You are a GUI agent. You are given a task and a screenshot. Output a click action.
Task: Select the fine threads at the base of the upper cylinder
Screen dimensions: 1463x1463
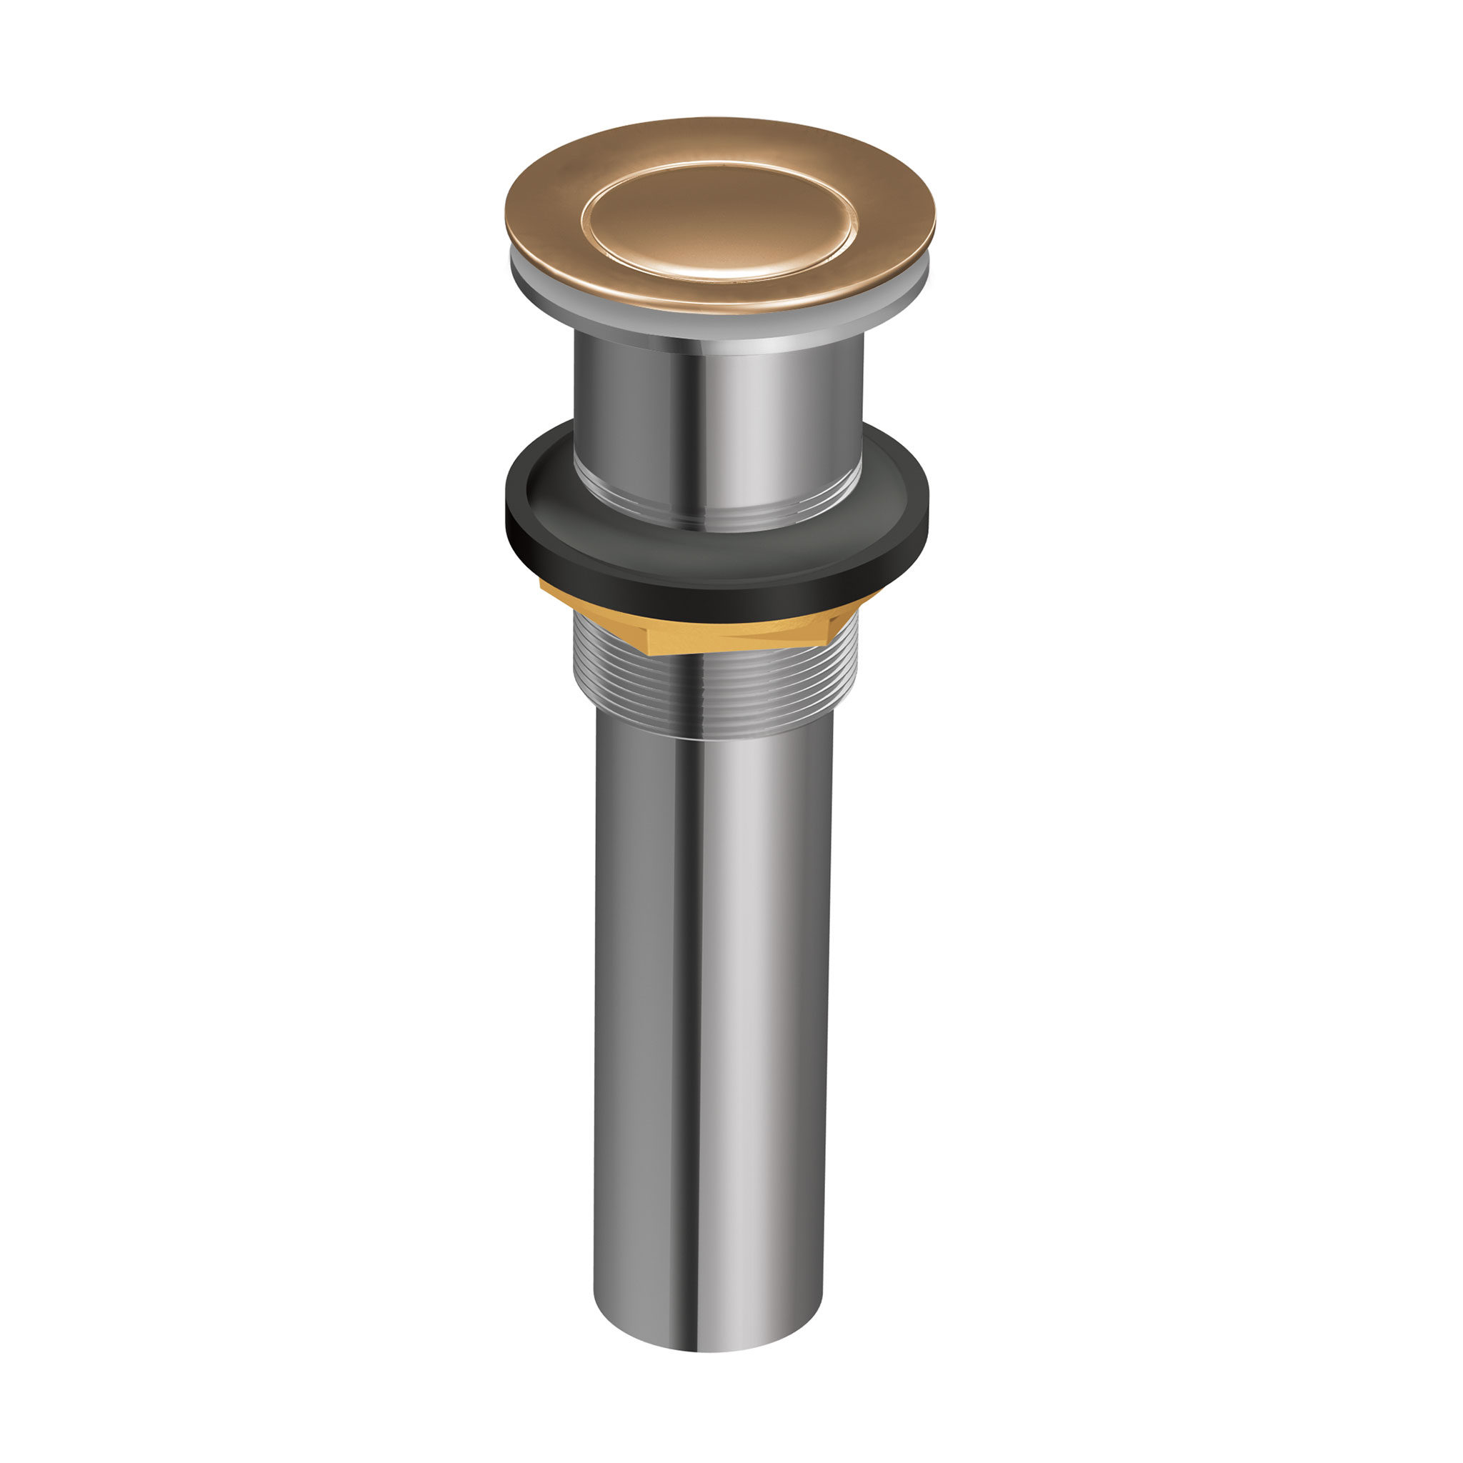[x=719, y=515]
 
